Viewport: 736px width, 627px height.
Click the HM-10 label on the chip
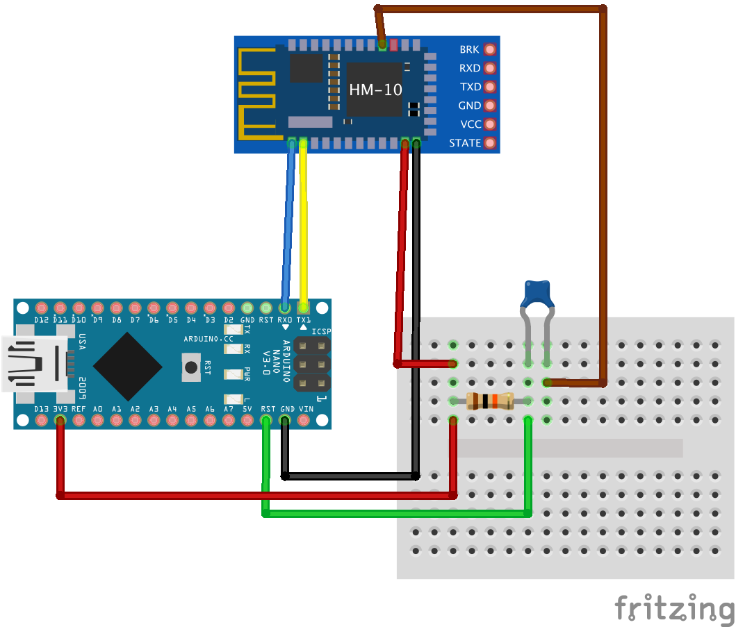pos(375,90)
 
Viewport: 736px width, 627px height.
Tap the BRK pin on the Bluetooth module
pos(490,50)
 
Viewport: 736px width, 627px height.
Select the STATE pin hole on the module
pos(490,143)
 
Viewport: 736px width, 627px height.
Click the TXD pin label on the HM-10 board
pos(470,87)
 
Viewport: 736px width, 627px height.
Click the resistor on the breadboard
pos(490,401)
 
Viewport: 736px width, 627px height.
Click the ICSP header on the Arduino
pos(312,363)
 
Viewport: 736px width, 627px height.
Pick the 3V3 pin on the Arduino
pos(60,421)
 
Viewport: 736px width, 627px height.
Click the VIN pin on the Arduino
pos(304,421)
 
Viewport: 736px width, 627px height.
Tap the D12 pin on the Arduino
pos(41,308)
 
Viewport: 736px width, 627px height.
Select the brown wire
pos(603,194)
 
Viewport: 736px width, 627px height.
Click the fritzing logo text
pos(674,608)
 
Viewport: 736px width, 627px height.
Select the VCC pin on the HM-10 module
pos(490,124)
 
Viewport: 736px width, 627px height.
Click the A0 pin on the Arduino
pos(97,421)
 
